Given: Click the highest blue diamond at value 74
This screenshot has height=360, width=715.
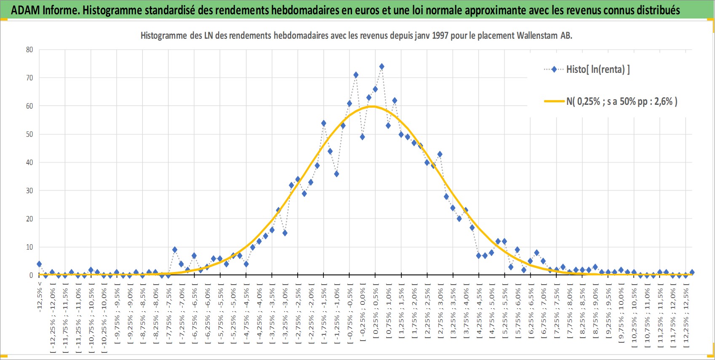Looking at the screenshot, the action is point(382,67).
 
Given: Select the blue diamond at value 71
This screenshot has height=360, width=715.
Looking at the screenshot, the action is point(355,75).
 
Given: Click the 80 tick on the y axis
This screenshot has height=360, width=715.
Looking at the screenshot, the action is point(29,49).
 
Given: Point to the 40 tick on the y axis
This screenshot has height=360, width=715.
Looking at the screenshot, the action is point(29,163).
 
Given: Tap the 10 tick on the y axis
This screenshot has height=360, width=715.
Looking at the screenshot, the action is point(29,247).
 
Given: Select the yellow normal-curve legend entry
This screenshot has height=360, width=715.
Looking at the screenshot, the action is point(610,101).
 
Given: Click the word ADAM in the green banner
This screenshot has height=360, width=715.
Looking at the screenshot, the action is point(25,10).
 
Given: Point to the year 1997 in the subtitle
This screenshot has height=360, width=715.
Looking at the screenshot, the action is point(440,35).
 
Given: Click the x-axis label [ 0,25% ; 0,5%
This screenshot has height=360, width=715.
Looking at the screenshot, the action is point(375,313).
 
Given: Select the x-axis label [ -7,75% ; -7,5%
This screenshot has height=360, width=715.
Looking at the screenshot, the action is point(168,316).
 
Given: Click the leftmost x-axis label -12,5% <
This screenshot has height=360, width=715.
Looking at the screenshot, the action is point(40,296).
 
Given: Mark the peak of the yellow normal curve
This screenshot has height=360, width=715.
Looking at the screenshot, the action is point(373,106).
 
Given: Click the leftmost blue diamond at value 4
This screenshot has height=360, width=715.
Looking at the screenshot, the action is point(39,264).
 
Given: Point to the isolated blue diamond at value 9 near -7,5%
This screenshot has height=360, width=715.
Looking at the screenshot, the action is point(175,250).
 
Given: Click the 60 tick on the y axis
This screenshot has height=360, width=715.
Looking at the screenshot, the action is point(29,106).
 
